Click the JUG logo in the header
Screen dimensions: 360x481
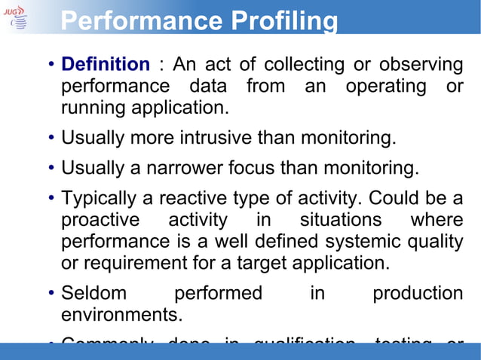[17, 17]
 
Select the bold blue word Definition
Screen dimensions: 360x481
[105, 65]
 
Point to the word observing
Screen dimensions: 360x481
[420, 65]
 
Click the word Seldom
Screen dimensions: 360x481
[94, 293]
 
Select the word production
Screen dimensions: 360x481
[418, 294]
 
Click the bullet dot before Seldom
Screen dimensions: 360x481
[50, 294]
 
